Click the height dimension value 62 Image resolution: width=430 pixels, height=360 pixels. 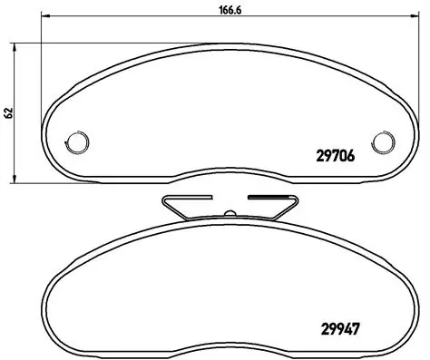(x=8, y=112)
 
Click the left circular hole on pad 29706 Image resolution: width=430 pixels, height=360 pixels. (x=78, y=141)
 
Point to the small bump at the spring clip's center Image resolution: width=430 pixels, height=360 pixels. (x=230, y=214)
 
